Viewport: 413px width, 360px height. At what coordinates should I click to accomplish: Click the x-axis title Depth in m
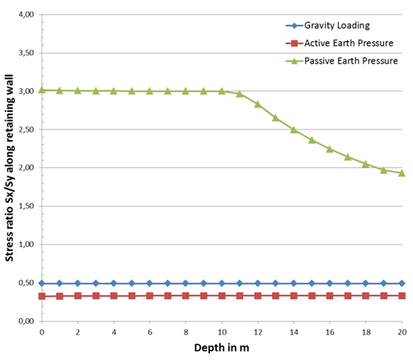click(x=221, y=348)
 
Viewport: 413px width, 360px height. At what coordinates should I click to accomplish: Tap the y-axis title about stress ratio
click(x=9, y=165)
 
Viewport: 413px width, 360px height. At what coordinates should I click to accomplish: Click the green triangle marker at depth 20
click(x=402, y=173)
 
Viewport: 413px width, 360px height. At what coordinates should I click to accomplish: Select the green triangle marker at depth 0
click(x=42, y=90)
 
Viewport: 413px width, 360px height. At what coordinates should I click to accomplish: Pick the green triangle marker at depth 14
click(x=294, y=129)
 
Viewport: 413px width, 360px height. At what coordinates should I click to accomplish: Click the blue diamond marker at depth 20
click(x=402, y=283)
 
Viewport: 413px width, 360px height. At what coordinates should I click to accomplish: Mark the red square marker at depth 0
click(x=42, y=296)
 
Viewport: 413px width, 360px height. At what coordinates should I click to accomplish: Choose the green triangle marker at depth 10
click(x=222, y=91)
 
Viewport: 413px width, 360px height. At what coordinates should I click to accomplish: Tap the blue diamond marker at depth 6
click(x=150, y=283)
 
